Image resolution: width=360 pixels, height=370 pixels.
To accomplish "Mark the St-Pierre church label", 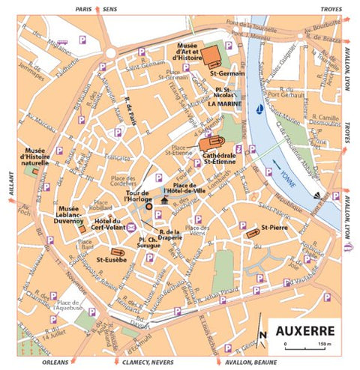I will tap(275, 225).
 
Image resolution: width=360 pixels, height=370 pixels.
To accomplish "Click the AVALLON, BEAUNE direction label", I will tap(237, 360).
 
